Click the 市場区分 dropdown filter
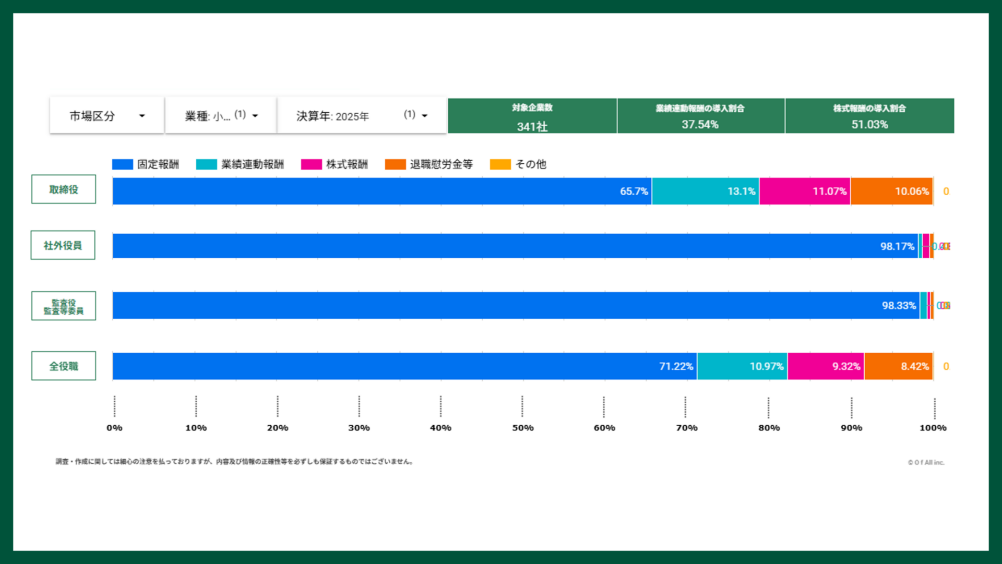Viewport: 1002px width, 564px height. [x=107, y=116]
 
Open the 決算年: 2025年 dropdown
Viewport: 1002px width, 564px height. [x=362, y=116]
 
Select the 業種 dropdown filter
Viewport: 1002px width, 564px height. [x=221, y=116]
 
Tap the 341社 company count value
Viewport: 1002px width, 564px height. [x=532, y=126]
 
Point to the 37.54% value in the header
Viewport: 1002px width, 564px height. [x=700, y=125]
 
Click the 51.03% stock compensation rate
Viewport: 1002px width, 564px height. [x=869, y=125]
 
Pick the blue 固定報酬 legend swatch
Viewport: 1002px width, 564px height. [x=123, y=164]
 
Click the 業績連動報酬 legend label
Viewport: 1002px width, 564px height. [x=252, y=164]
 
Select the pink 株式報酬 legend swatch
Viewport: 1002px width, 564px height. [x=311, y=164]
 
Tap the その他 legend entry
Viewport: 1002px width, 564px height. [x=530, y=164]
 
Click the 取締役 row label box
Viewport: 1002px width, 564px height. [x=64, y=189]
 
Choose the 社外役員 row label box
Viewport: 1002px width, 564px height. [x=63, y=245]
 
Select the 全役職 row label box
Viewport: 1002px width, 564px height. [x=64, y=366]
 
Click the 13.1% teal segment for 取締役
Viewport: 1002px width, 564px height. [x=705, y=191]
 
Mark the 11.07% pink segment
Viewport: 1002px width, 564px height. [x=804, y=191]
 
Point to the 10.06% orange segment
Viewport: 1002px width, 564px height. [x=891, y=191]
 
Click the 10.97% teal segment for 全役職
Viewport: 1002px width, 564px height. [x=742, y=366]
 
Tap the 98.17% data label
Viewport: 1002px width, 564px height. [x=897, y=246]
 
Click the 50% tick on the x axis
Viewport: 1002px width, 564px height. [x=522, y=428]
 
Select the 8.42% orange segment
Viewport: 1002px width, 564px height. [x=898, y=366]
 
